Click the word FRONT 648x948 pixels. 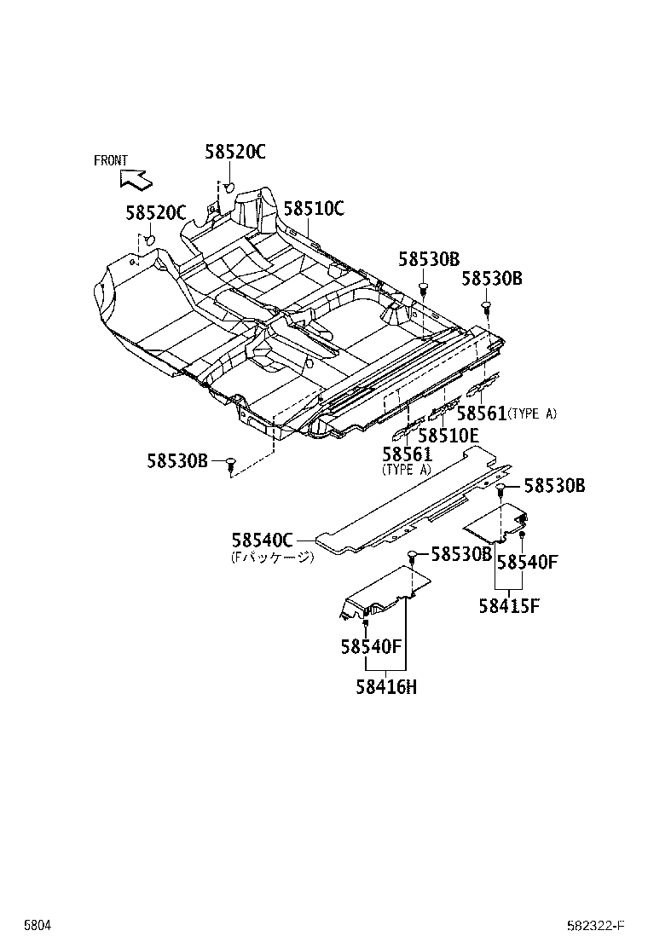coord(111,160)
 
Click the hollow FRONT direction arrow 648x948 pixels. coord(136,178)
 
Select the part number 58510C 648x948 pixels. coord(314,208)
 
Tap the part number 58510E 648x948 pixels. coord(448,435)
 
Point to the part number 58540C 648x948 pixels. coord(262,540)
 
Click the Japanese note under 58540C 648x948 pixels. coord(272,558)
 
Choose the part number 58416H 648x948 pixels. coord(386,687)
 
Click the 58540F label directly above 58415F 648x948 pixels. coord(527,562)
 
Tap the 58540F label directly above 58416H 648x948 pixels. coord(371,647)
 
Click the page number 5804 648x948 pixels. coord(36,925)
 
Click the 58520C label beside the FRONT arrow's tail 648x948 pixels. coord(156,213)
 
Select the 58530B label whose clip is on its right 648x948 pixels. coord(177,460)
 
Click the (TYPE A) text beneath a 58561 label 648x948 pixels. coord(407,470)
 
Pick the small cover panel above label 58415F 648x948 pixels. coord(495,522)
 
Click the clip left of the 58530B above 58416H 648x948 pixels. coord(412,556)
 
